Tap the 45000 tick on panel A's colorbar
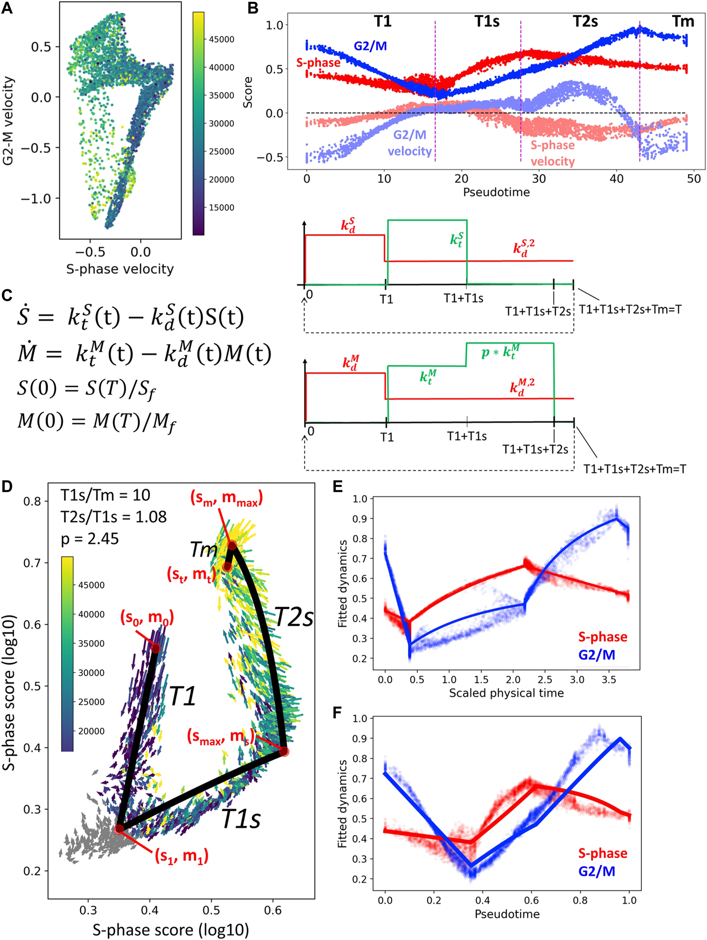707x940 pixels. tap(221, 40)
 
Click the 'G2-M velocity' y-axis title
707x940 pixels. tap(8, 121)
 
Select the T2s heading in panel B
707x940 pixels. tap(585, 21)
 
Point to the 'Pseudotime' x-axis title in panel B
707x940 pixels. tap(496, 192)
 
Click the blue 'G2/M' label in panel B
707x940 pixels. tap(370, 46)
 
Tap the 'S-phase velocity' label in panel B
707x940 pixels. tap(552, 153)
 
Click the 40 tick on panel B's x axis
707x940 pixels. tap(616, 179)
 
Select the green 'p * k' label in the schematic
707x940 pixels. tap(500, 352)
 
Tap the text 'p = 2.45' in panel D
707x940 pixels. tap(90, 539)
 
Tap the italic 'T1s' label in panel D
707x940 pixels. tap(241, 819)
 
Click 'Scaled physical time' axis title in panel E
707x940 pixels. tap(506, 693)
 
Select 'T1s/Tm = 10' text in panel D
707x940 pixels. tap(105, 495)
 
